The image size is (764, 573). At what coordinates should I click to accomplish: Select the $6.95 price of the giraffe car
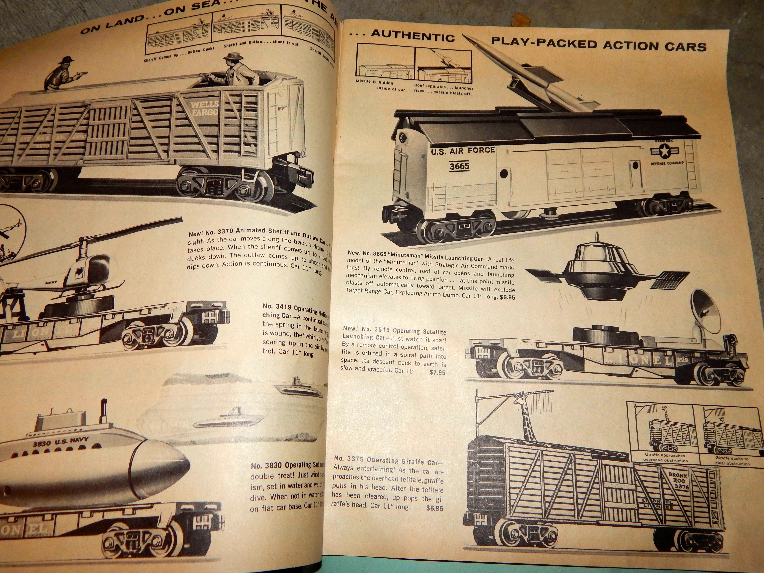click(x=435, y=508)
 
